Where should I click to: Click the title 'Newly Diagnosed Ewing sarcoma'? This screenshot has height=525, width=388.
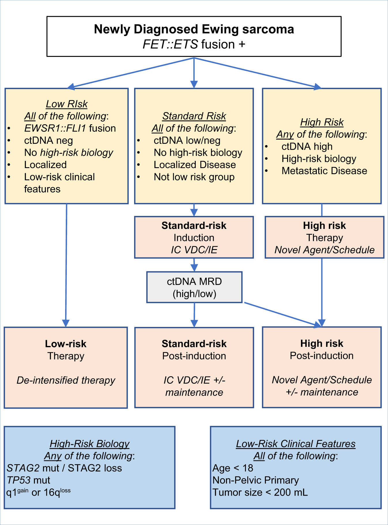[194, 29]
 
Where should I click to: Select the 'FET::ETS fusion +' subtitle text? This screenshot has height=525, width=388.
[194, 45]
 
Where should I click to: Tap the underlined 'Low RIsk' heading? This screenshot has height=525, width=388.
[67, 104]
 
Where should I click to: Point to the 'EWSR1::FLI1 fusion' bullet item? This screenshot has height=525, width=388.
[70, 128]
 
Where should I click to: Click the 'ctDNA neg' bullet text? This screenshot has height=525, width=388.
[48, 140]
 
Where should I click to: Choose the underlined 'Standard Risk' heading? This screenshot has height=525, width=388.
[194, 116]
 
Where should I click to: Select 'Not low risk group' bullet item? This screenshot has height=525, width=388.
[194, 177]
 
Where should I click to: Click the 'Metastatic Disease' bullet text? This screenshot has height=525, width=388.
[324, 171]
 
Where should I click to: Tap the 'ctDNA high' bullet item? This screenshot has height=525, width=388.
[307, 146]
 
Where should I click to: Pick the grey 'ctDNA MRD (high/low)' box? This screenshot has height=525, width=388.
[194, 287]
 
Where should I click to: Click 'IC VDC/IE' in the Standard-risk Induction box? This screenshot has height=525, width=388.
[194, 250]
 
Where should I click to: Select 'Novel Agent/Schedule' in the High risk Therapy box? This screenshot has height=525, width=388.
[324, 250]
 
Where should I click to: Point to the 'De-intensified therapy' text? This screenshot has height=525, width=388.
[66, 380]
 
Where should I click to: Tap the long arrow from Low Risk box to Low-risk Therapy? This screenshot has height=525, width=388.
[66, 265]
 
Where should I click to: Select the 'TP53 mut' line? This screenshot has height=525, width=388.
[28, 480]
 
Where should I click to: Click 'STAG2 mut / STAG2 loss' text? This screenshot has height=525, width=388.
[64, 468]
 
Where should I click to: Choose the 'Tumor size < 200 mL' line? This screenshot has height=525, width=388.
[260, 492]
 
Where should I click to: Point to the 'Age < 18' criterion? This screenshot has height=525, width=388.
[233, 468]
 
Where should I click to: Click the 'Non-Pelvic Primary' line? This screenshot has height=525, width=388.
[255, 480]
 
